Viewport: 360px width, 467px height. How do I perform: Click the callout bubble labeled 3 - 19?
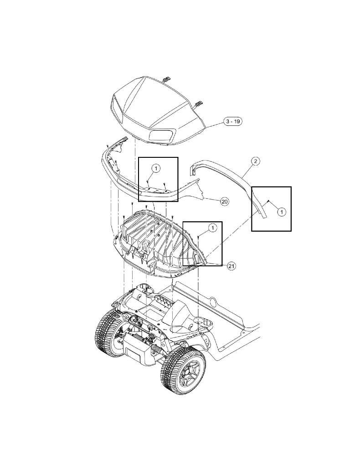pos(232,122)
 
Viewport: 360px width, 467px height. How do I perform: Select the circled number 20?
pos(224,201)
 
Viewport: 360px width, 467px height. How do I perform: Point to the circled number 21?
pos(231,266)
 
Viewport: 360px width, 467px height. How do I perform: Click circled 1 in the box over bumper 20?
pos(156,168)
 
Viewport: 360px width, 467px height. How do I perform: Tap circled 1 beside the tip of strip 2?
pos(281,212)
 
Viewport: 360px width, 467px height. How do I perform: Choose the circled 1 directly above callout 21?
pos(212,227)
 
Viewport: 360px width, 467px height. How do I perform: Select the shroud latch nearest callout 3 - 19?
pos(199,104)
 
